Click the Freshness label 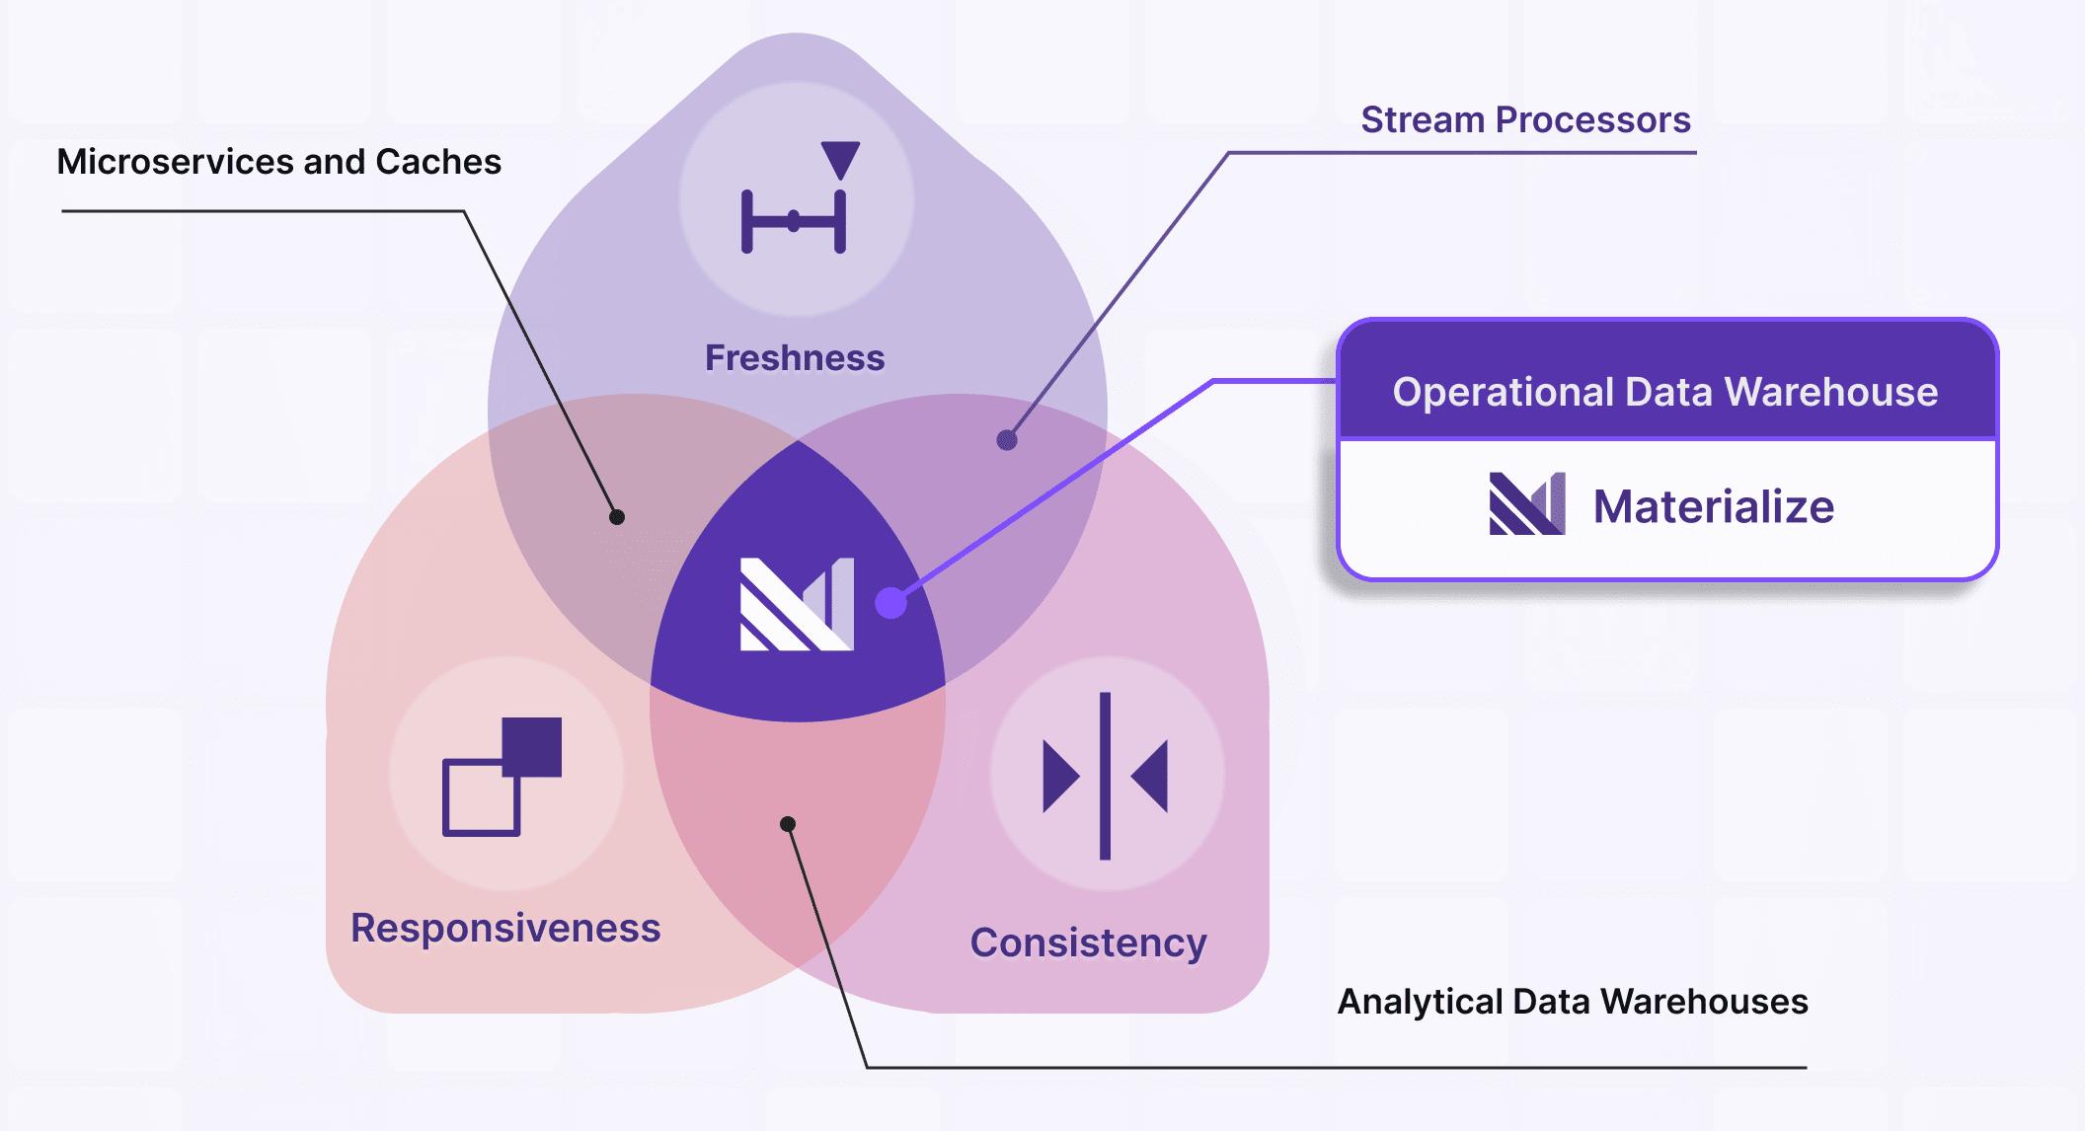(795, 357)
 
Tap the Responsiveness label (505, 928)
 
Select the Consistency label (1088, 942)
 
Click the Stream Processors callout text (1525, 119)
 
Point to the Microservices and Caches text (279, 161)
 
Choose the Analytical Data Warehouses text (1572, 1002)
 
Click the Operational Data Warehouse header (1665, 392)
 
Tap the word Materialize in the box (1713, 506)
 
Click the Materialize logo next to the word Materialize (1526, 504)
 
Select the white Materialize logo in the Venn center (797, 604)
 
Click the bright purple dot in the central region (891, 603)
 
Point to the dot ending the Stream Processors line (1006, 440)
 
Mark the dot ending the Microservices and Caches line (617, 516)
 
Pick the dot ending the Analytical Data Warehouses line (787, 824)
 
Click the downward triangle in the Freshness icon (840, 158)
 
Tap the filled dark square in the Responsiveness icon (533, 746)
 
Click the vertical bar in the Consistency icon (1105, 776)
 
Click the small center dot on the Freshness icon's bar (794, 221)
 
